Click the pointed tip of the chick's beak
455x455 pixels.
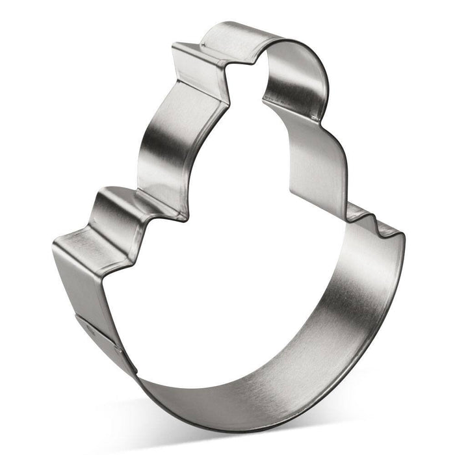[174, 47]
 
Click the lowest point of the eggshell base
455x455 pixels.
[214, 416]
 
